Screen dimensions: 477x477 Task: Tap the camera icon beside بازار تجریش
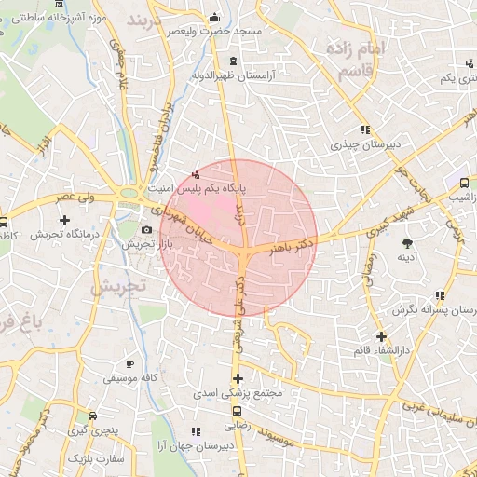[x=146, y=230]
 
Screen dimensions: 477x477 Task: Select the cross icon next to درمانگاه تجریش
[x=64, y=221]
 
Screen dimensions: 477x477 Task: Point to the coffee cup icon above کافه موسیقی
[x=129, y=363]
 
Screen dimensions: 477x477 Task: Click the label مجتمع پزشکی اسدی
[x=237, y=393]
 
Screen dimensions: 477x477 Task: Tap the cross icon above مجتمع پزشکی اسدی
[x=238, y=378]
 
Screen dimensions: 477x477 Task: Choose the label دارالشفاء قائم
[x=380, y=349]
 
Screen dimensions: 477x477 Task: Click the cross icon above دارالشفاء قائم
[x=380, y=335]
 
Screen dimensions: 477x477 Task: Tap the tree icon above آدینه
[x=406, y=243]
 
